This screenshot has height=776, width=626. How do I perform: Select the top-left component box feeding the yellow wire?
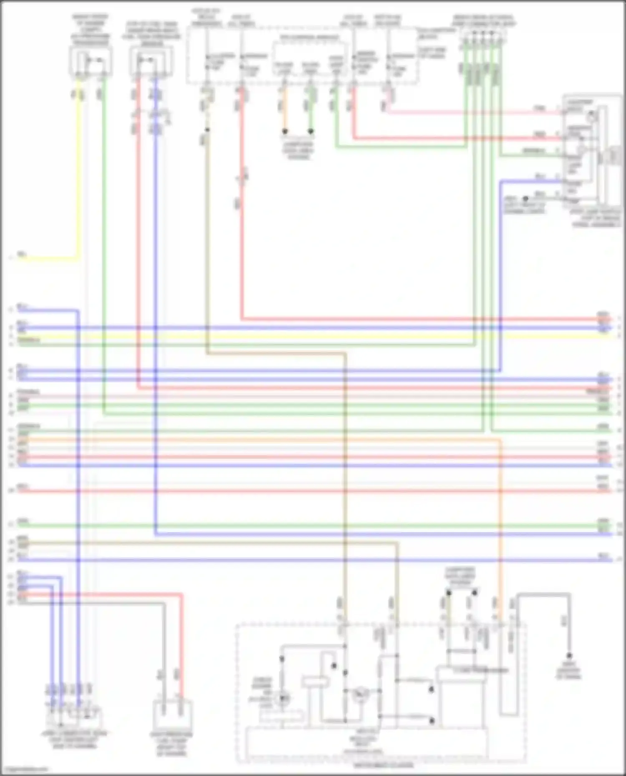point(91,62)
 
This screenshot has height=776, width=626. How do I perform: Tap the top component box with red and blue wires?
point(151,62)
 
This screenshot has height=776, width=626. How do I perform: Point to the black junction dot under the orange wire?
point(285,131)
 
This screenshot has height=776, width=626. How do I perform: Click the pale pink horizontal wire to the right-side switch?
point(459,112)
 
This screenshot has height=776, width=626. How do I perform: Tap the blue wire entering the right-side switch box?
point(530,181)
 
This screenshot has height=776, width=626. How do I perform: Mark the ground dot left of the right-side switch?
point(525,199)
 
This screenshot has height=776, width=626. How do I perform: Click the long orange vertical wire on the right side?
point(500,521)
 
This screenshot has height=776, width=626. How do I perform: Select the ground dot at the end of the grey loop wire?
point(569,656)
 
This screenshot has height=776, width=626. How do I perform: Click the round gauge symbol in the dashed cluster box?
point(359,694)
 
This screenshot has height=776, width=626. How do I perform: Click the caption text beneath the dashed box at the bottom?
point(383,766)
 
